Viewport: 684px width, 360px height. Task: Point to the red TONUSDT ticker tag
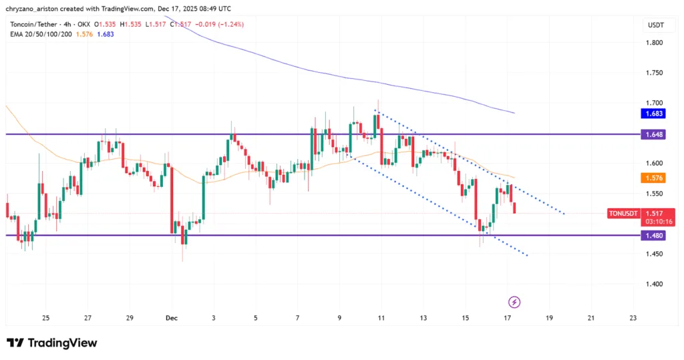point(624,214)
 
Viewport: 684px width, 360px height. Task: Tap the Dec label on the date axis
point(171,318)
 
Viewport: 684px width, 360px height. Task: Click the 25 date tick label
point(45,318)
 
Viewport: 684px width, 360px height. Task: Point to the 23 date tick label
point(633,318)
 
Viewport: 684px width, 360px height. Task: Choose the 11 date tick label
point(381,318)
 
